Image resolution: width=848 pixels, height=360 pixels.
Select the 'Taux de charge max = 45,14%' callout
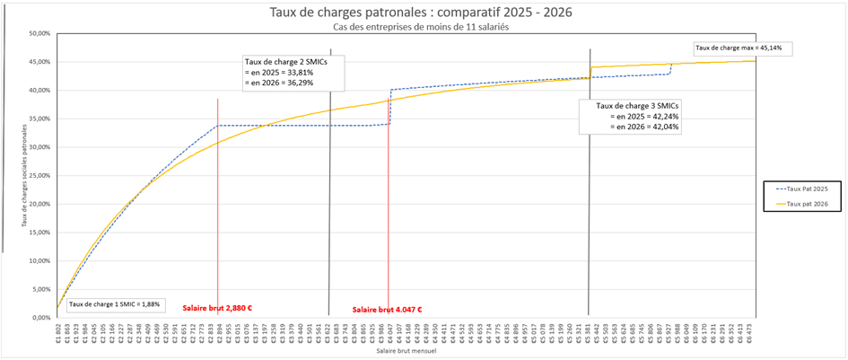[x=744, y=48]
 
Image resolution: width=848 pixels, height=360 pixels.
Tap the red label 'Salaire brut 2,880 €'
[x=217, y=308]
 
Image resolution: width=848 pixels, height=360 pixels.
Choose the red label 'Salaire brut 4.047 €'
[x=387, y=310]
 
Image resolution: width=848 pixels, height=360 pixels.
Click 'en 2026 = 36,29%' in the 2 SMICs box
[x=279, y=82]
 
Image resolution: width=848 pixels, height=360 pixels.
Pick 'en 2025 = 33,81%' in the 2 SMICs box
[x=279, y=71]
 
